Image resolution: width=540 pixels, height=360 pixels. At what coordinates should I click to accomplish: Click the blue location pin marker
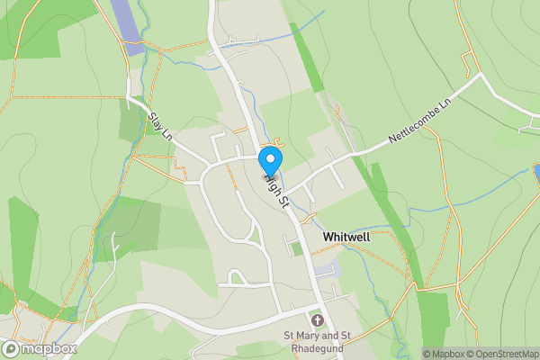[269, 161]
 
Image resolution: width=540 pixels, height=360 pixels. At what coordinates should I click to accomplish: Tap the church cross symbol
[316, 319]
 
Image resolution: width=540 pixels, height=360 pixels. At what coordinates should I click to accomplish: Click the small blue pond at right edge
[536, 170]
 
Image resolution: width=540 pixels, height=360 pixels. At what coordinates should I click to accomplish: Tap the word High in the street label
[273, 184]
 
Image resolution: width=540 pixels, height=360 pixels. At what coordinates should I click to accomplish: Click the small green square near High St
[297, 248]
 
